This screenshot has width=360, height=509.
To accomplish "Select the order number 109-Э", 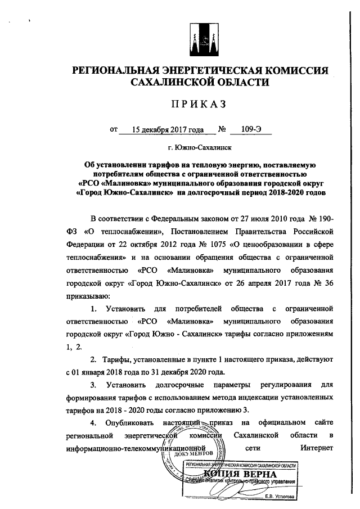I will (x=251, y=129).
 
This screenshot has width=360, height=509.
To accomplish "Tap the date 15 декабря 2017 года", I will (x=167, y=129).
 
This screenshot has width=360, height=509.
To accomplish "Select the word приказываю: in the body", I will (x=88, y=294).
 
